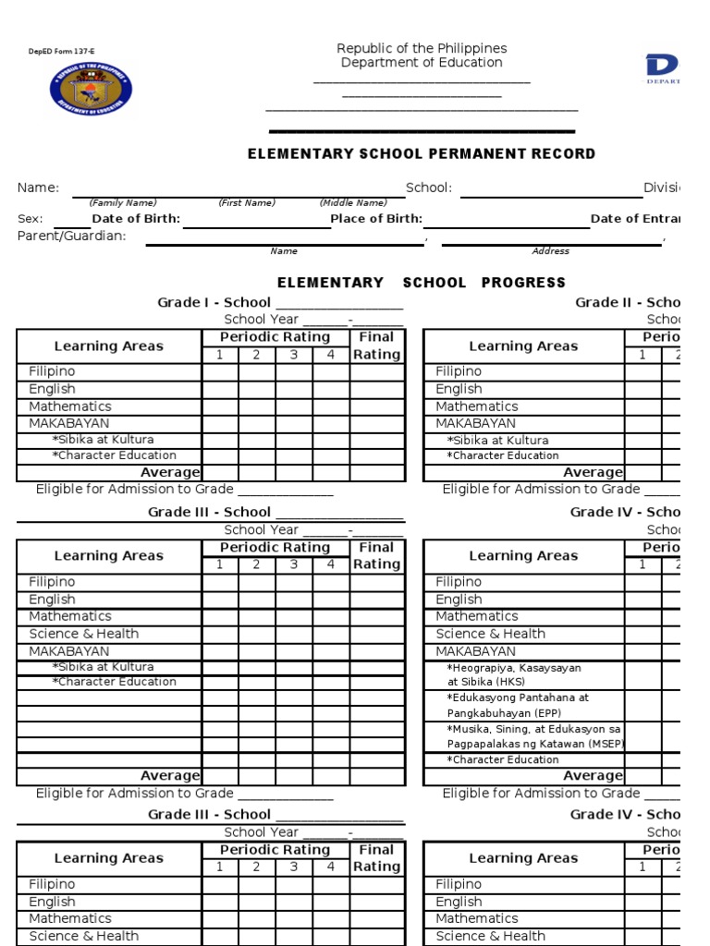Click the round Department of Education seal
pos(91,90)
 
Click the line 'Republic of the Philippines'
pos(422,48)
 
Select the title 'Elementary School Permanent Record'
pos(422,154)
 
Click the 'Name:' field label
pos(38,188)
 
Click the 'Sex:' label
pos(31,219)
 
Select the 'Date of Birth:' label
pos(136,219)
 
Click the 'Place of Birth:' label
pos(376,219)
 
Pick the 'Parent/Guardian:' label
pos(72,236)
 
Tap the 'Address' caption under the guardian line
pos(551,251)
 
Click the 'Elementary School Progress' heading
pos(422,283)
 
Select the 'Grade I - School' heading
pos(214,302)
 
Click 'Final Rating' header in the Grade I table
pos(376,346)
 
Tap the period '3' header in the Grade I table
pos(294,355)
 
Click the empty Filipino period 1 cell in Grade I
pos(220,371)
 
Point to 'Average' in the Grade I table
pos(170,473)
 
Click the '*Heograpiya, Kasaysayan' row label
pos(514,667)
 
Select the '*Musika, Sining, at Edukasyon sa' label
pos(533,729)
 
